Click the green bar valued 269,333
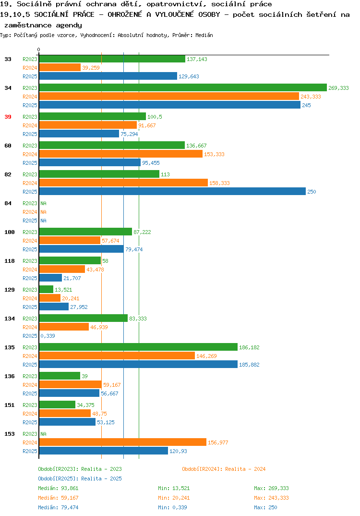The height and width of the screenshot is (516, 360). point(183,87)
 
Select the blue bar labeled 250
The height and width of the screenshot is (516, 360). point(173,191)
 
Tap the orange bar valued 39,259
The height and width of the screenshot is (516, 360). point(60,67)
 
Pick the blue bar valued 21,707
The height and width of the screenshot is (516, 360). point(50,278)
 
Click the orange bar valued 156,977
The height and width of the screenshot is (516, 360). point(122,442)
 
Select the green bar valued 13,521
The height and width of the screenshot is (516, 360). point(47,289)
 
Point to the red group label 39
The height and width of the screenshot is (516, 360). point(8,117)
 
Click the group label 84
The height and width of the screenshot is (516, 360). point(8,203)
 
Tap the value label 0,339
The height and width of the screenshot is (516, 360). point(48,336)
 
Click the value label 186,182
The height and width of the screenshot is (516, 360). point(249,347)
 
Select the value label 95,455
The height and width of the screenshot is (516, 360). point(151,163)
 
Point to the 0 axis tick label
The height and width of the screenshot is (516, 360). point(38,49)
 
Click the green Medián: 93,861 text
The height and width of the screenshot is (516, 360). point(58,488)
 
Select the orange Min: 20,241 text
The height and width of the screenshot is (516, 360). point(174,498)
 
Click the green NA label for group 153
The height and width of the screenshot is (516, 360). point(43,434)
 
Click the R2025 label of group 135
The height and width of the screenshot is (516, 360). point(30,365)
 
